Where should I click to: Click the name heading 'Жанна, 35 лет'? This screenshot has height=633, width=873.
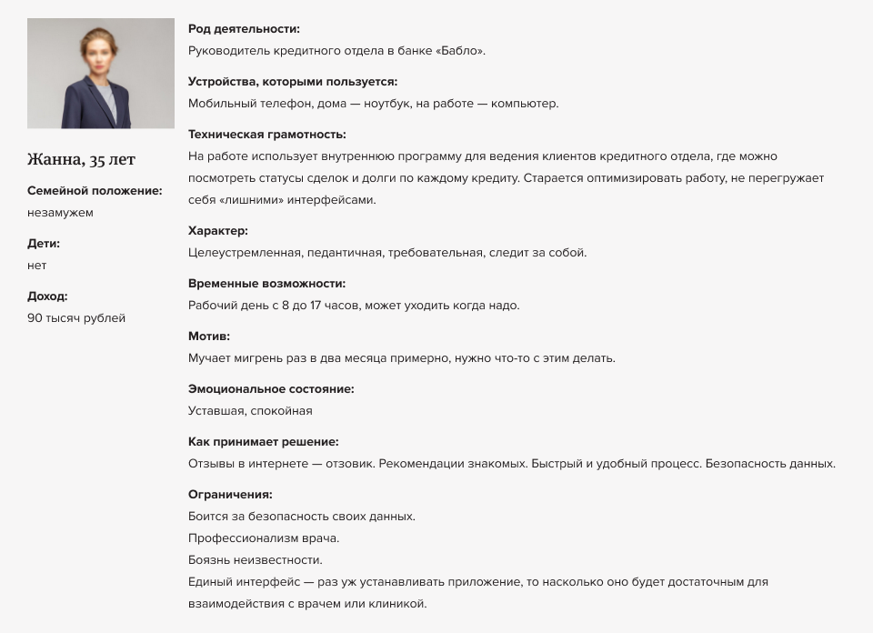coord(81,160)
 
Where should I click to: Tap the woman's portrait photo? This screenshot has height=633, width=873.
coord(101,73)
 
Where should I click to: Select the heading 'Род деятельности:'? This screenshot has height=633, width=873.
coord(244,29)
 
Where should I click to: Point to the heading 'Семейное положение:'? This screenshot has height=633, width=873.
coord(95,191)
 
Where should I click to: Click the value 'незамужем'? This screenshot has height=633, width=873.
coord(60,213)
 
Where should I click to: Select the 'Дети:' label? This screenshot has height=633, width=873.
coord(44,244)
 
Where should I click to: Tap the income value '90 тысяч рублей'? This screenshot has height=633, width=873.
coord(76,318)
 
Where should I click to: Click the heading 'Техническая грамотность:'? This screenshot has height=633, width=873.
coord(267,135)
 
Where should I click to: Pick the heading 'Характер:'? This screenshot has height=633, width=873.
coord(218,231)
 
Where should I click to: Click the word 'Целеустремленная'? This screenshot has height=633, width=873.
coord(244,253)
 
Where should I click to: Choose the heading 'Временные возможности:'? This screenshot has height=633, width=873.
coord(266,284)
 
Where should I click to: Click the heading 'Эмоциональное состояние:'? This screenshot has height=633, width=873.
coord(271,389)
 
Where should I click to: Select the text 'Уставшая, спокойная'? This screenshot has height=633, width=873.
coord(250,411)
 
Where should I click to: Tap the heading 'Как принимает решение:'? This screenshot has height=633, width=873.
coord(263,442)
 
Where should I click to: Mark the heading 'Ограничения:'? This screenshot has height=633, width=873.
coord(230,495)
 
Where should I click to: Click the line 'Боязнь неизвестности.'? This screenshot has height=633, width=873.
coord(256,560)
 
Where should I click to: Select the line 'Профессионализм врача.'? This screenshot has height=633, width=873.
coord(264,538)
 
